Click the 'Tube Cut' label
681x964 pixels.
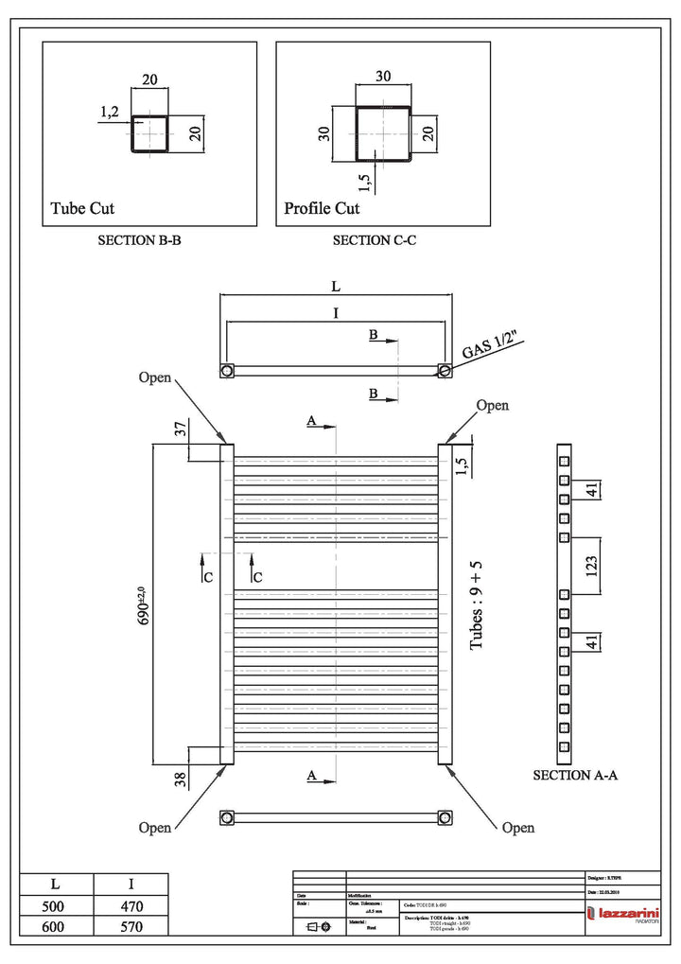82,208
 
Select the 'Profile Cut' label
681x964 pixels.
322,208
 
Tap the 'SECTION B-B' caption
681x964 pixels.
139,241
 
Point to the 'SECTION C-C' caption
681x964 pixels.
375,241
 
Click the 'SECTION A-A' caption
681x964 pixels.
575,775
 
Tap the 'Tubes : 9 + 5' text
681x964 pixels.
477,605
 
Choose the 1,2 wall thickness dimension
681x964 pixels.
109,113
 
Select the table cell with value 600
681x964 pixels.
56,927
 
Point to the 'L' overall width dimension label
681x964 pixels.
336,285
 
